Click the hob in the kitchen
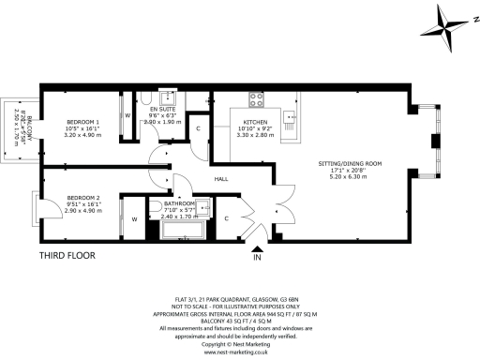(x=255, y=99)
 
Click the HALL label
(x=222, y=178)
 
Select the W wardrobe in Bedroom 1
(x=127, y=116)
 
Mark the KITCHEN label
(x=256, y=123)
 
